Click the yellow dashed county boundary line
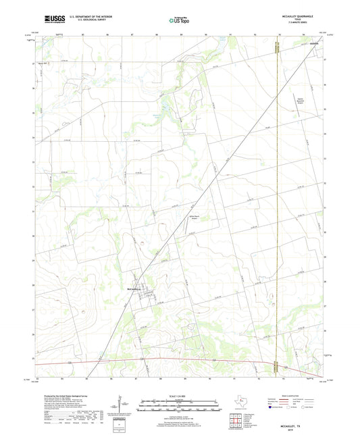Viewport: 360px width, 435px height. coord(278,203)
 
